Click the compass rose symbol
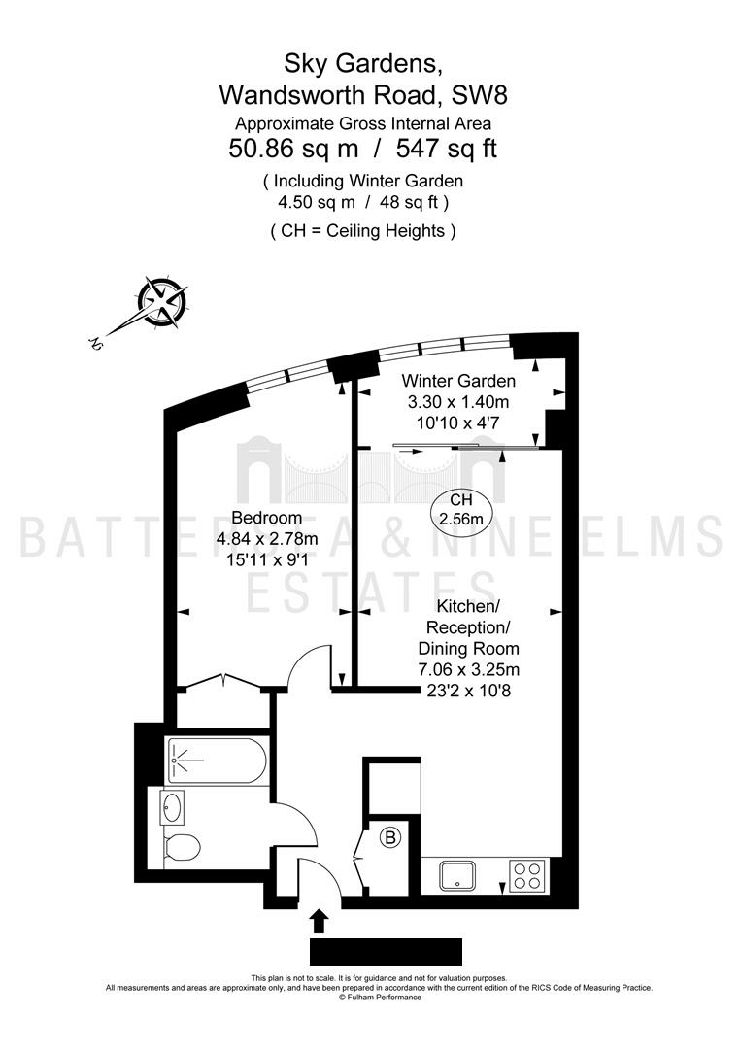coord(162,303)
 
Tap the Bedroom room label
coord(266,518)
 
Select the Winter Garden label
coord(458,381)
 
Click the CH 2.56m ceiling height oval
coord(460,509)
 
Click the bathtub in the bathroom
coord(217,761)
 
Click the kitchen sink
coord(458,875)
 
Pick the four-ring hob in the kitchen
coord(527,875)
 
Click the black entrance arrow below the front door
coord(320,921)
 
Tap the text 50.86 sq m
coord(293,148)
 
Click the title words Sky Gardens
coord(362,63)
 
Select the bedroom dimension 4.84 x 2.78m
coord(267,538)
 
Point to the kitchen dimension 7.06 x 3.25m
coord(469,669)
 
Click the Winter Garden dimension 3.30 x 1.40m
coord(458,402)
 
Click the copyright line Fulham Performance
coord(380,997)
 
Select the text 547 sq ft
coord(447,148)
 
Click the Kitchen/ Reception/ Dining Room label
coord(469,627)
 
